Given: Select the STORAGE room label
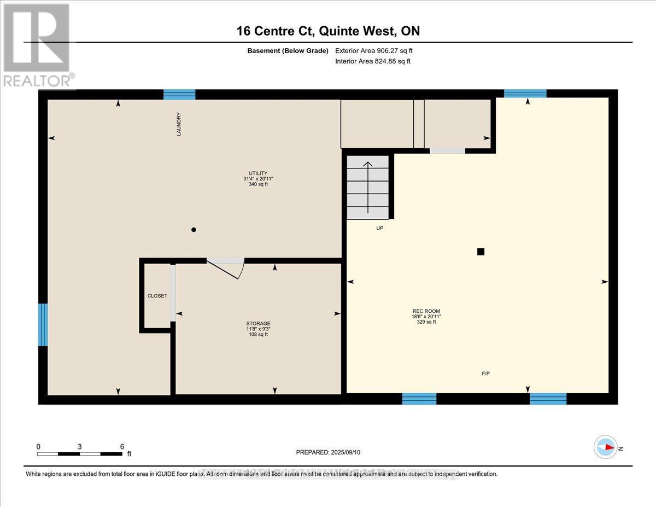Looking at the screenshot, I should pyautogui.click(x=258, y=323).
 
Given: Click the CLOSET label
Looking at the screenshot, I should pyautogui.click(x=157, y=296).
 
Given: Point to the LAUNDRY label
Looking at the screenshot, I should pyautogui.click(x=178, y=124).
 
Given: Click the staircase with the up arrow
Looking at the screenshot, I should pyautogui.click(x=368, y=187).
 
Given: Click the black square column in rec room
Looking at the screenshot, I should pyautogui.click(x=481, y=252).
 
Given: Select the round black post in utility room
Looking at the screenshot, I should pyautogui.click(x=193, y=230).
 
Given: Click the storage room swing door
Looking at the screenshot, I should pyautogui.click(x=225, y=267).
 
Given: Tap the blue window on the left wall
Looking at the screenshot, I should pyautogui.click(x=43, y=325).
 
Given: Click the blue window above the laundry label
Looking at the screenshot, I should pyautogui.click(x=179, y=95).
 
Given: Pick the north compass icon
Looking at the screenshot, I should pyautogui.click(x=606, y=447).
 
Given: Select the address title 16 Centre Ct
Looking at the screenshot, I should pyautogui.click(x=328, y=31).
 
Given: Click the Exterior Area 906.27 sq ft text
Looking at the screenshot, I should pyautogui.click(x=374, y=50).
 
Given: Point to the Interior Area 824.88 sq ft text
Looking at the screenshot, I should pyautogui.click(x=373, y=61).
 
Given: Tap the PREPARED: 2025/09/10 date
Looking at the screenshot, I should pyautogui.click(x=329, y=452).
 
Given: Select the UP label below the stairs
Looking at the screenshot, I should pyautogui.click(x=379, y=228).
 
